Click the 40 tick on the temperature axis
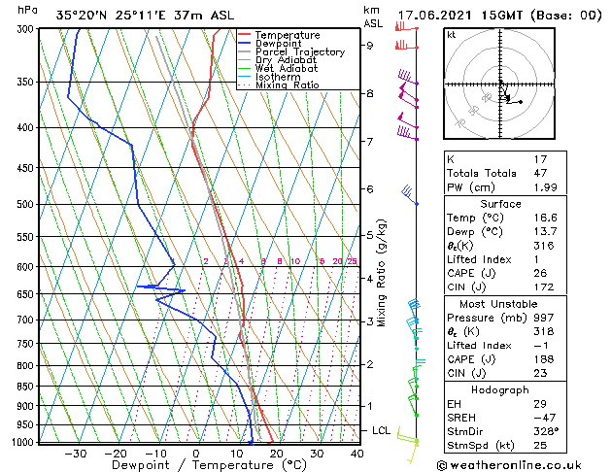coord(357,454)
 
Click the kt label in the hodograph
coord(452,35)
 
